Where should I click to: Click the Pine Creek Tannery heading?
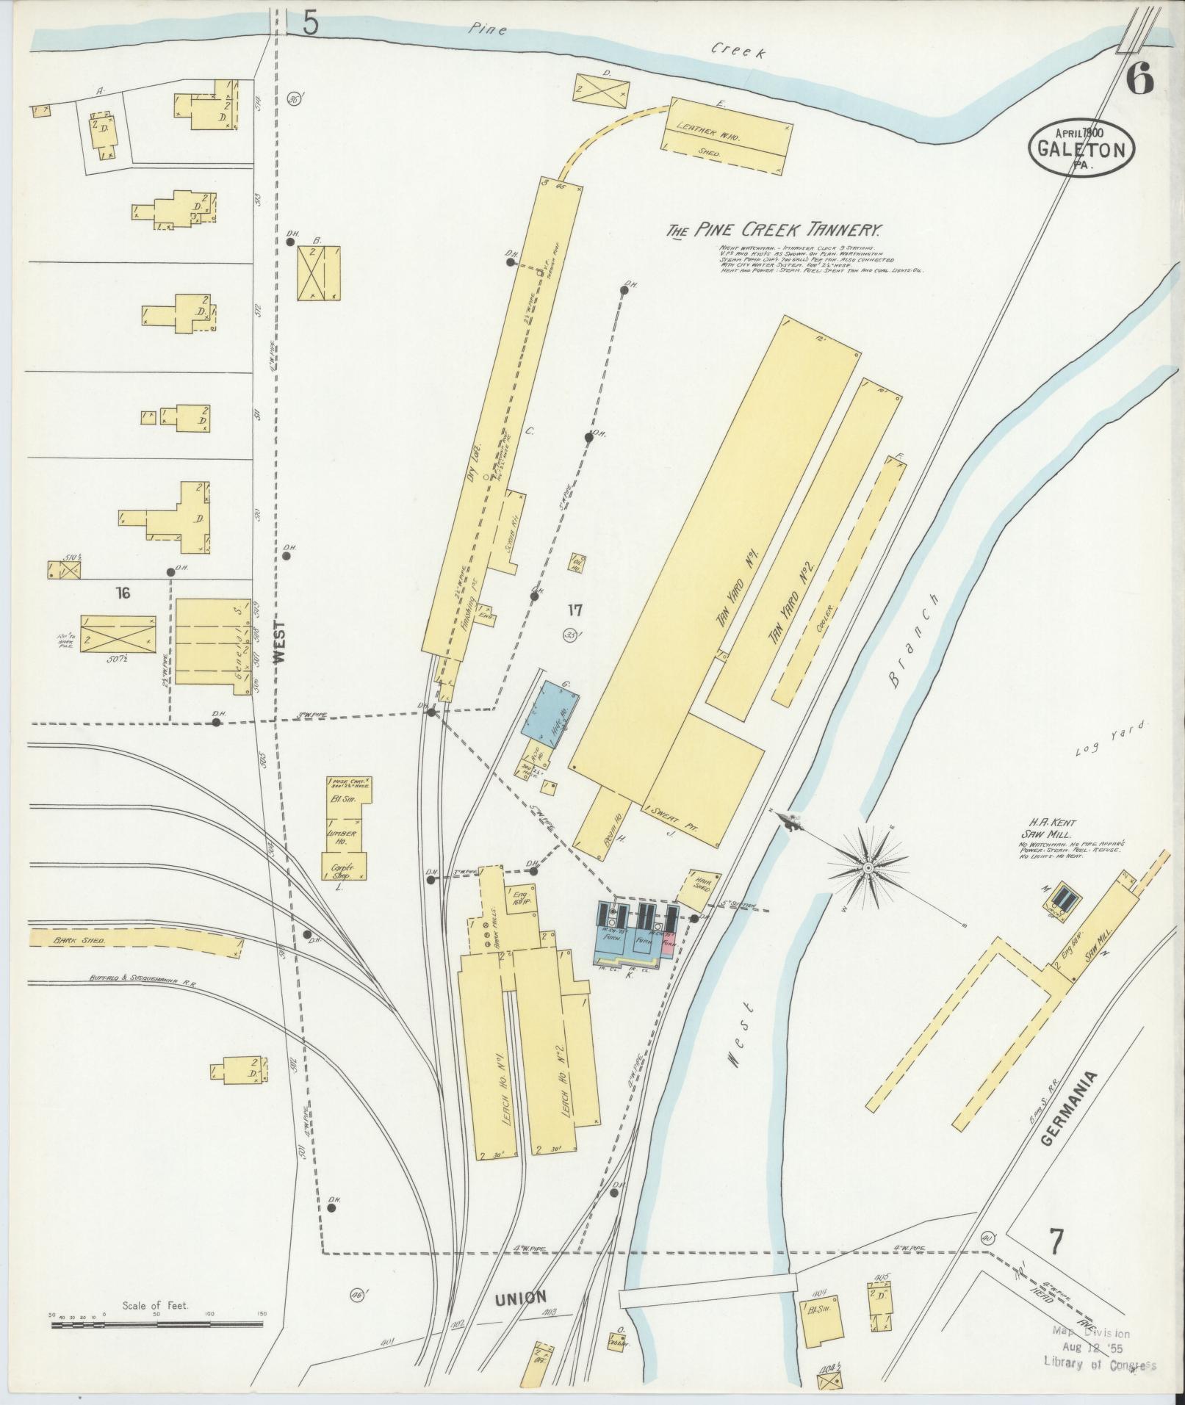click(774, 230)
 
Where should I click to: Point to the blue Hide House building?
click(550, 709)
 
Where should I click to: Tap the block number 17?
click(575, 609)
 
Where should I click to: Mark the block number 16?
click(122, 593)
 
